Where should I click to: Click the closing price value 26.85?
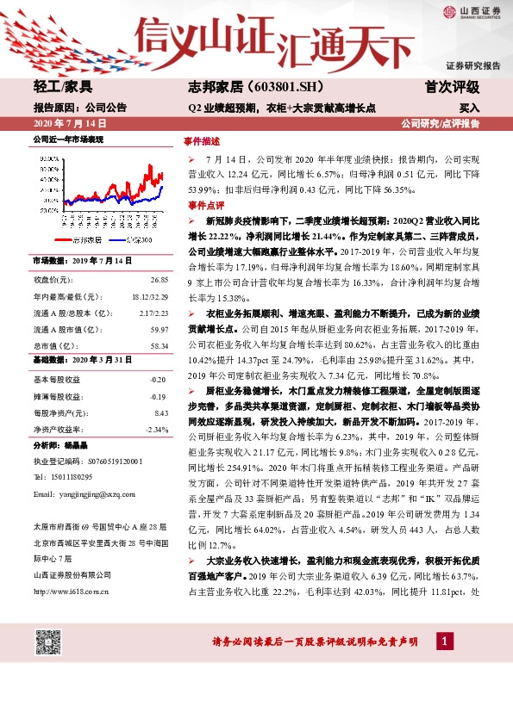158,281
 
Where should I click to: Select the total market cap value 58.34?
158,344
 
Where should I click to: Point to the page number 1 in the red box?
445,641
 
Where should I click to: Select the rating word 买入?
469,108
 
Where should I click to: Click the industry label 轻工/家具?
63,87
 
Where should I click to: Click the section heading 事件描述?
200,139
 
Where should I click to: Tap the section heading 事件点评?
200,206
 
